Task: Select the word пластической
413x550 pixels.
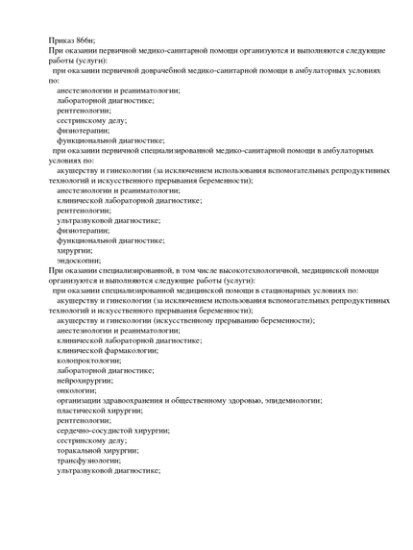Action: click(x=82, y=411)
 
